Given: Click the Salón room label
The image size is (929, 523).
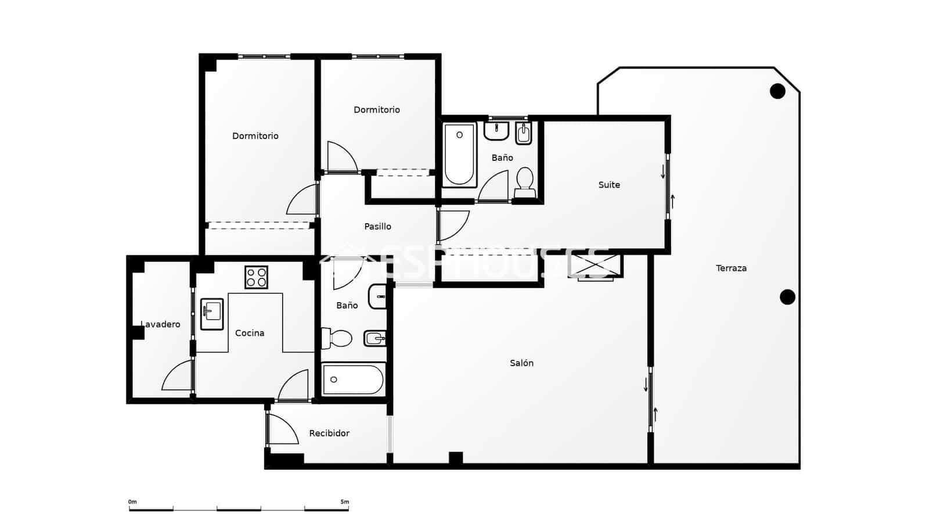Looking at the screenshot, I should tap(521, 363).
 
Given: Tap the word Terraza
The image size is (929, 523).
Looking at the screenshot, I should tap(731, 268).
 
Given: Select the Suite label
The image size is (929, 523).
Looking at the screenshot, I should tap(609, 185).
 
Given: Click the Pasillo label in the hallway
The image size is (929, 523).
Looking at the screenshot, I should tap(377, 227).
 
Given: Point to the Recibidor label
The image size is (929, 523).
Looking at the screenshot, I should tap(329, 434).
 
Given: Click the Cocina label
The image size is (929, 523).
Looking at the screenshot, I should tap(250, 333).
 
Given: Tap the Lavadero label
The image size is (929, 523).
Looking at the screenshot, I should tap(161, 324).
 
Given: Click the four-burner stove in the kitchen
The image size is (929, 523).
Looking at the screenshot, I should tap(256, 277).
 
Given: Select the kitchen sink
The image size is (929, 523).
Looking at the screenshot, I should tap(212, 314).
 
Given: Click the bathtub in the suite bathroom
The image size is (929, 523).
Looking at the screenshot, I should tap(459, 154).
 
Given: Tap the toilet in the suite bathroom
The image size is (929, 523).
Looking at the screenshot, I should tap(525, 180).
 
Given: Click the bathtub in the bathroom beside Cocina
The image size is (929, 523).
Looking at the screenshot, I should tap(353, 379).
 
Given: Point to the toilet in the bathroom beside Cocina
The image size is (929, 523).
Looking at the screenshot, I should tap(339, 338).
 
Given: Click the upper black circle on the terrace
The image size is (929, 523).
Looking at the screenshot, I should tap(777, 91).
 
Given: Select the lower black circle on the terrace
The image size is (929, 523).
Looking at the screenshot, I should tap(787, 297).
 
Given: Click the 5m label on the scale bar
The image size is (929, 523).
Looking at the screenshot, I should tap(345, 501).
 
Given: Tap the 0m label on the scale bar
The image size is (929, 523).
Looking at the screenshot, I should tap(132, 501).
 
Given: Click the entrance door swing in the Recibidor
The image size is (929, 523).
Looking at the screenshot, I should tap(283, 430).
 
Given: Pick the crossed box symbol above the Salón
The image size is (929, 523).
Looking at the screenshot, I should tap(595, 266).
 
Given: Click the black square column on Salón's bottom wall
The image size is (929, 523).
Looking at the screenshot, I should tap(456, 458).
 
